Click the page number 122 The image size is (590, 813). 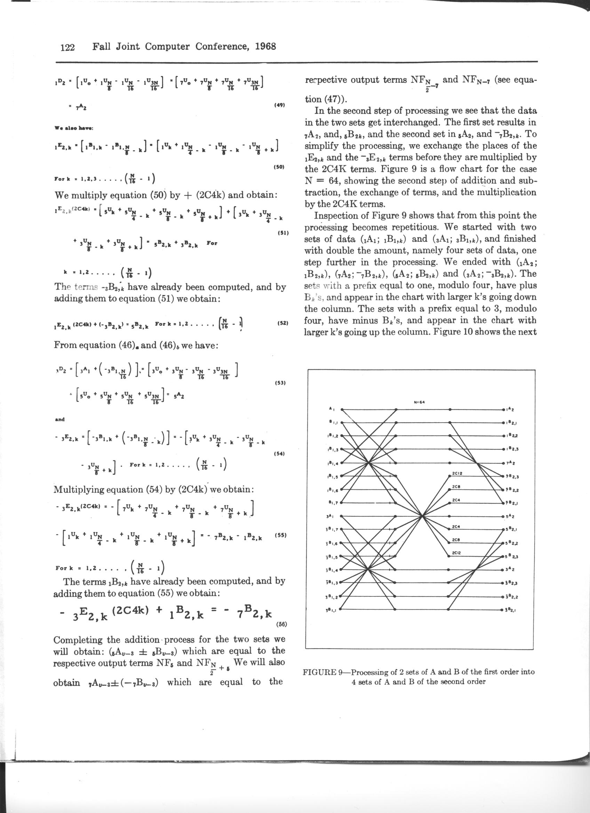[67, 47]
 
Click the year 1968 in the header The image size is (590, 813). [265, 47]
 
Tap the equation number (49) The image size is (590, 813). [279, 105]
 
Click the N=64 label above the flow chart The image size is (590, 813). [419, 402]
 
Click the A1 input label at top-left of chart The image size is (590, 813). [331, 409]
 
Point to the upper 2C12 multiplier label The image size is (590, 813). [457, 473]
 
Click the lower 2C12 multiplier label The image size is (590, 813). [456, 553]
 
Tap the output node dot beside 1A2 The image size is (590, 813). [504, 409]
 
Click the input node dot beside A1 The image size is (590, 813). [342, 409]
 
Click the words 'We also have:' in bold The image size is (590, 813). [73, 128]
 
